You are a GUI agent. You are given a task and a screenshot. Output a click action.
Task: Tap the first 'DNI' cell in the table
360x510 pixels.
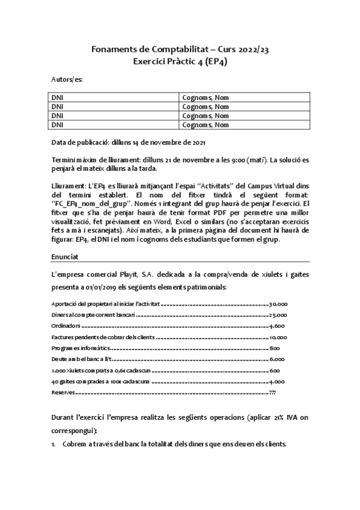[57, 97]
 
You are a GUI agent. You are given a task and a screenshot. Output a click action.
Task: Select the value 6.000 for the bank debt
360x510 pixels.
[277, 359]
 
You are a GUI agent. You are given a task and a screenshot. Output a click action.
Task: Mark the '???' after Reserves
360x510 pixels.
[273, 392]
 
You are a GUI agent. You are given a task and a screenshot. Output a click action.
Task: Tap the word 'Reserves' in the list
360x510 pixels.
[63, 392]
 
